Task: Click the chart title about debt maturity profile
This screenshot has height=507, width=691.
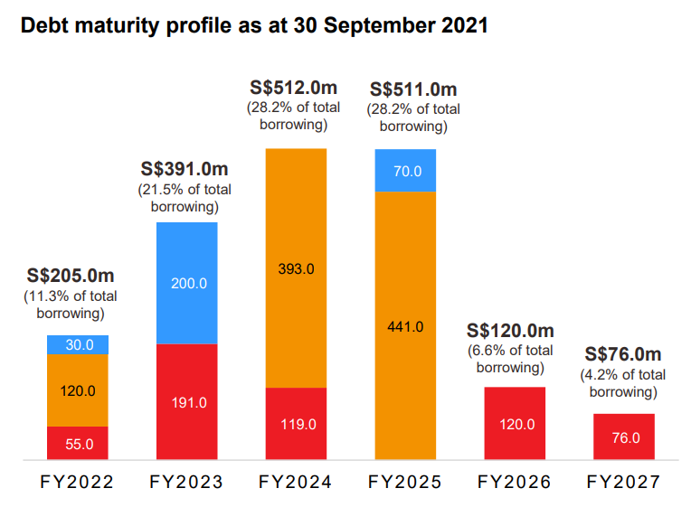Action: click(254, 25)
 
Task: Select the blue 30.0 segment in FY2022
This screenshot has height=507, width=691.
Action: click(78, 344)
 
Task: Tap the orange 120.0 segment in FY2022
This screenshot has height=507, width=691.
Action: click(78, 390)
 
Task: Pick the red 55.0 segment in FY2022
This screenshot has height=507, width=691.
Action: click(78, 443)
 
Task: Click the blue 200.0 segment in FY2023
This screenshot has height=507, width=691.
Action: click(187, 283)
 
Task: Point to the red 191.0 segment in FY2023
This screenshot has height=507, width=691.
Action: click(187, 402)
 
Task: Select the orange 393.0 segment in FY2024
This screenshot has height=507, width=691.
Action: click(296, 268)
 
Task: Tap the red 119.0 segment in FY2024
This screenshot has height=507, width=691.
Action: click(296, 424)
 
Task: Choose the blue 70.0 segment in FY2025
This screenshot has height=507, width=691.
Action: click(405, 171)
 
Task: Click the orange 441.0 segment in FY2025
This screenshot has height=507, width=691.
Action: click(405, 326)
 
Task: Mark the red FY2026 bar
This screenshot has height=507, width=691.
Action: click(515, 424)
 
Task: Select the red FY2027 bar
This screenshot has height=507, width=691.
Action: click(624, 437)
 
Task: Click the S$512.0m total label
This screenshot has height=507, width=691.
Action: click(294, 88)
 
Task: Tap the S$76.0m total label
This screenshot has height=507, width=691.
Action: click(623, 354)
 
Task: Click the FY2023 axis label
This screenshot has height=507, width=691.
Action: click(186, 483)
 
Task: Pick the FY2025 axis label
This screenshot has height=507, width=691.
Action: click(405, 483)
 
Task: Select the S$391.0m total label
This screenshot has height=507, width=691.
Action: click(185, 169)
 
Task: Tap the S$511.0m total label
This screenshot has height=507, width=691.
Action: click(413, 89)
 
